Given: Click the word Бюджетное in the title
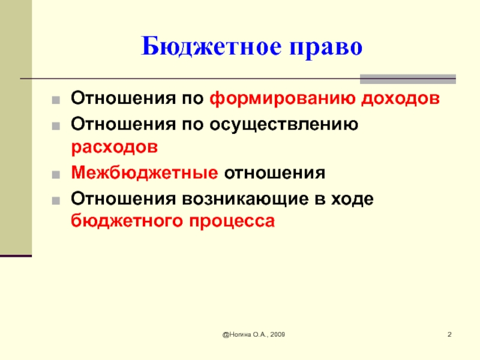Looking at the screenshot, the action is pyautogui.click(x=211, y=47).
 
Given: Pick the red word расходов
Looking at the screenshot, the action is pyautogui.click(x=115, y=148).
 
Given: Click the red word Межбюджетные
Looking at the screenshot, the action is pyautogui.click(x=145, y=173).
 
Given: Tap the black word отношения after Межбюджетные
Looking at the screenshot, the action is pyautogui.click(x=275, y=173).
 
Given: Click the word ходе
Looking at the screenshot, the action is pyautogui.click(x=352, y=200).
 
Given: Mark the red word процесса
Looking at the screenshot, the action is pyautogui.click(x=232, y=221).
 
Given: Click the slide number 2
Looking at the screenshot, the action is pyautogui.click(x=449, y=334).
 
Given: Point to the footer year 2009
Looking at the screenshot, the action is pyautogui.click(x=278, y=335).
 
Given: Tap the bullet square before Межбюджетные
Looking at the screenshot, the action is pyautogui.click(x=56, y=175).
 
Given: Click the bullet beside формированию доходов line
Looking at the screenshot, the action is pyautogui.click(x=56, y=100).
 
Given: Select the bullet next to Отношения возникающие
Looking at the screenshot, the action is pyautogui.click(x=56, y=201).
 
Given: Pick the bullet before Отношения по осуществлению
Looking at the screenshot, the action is pyautogui.click(x=56, y=126).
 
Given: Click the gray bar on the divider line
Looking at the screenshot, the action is pyautogui.click(x=408, y=79).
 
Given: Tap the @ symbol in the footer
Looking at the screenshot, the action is pyautogui.click(x=226, y=335).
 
